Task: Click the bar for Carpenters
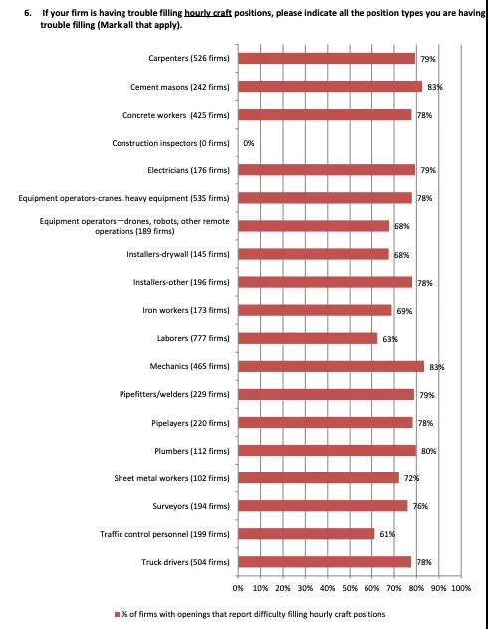(327, 59)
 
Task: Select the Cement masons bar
(331, 87)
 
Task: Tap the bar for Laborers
(308, 338)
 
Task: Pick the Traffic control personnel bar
(307, 534)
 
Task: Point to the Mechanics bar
(331, 366)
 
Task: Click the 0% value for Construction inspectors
(249, 143)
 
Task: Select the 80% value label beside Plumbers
(428, 451)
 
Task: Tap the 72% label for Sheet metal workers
(411, 478)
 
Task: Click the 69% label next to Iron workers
(404, 311)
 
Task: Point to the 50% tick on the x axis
(350, 588)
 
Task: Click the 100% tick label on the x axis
(461, 588)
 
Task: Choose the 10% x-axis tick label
(261, 588)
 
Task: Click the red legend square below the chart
(118, 615)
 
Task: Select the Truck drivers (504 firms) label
(185, 562)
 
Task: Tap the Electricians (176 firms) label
(189, 170)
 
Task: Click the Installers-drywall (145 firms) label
(178, 255)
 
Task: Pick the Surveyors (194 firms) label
(191, 506)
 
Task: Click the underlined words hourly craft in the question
(208, 13)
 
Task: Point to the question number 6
(27, 13)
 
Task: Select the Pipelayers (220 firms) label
(191, 423)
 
